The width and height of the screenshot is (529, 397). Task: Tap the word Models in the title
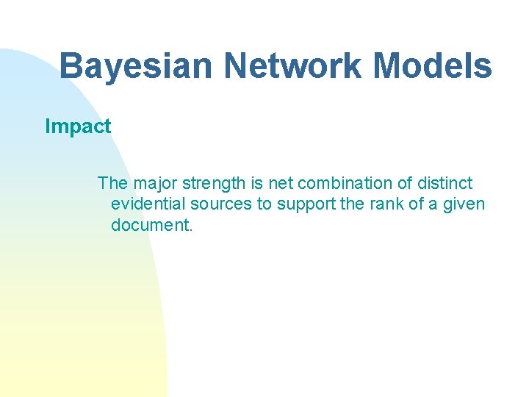[433, 66]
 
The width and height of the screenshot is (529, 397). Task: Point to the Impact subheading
[78, 126]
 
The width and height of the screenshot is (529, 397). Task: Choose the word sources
[218, 204]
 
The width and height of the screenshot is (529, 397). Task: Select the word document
[151, 225]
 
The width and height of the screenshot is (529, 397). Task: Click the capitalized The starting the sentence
[112, 183]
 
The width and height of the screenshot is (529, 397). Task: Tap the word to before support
[262, 204]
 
